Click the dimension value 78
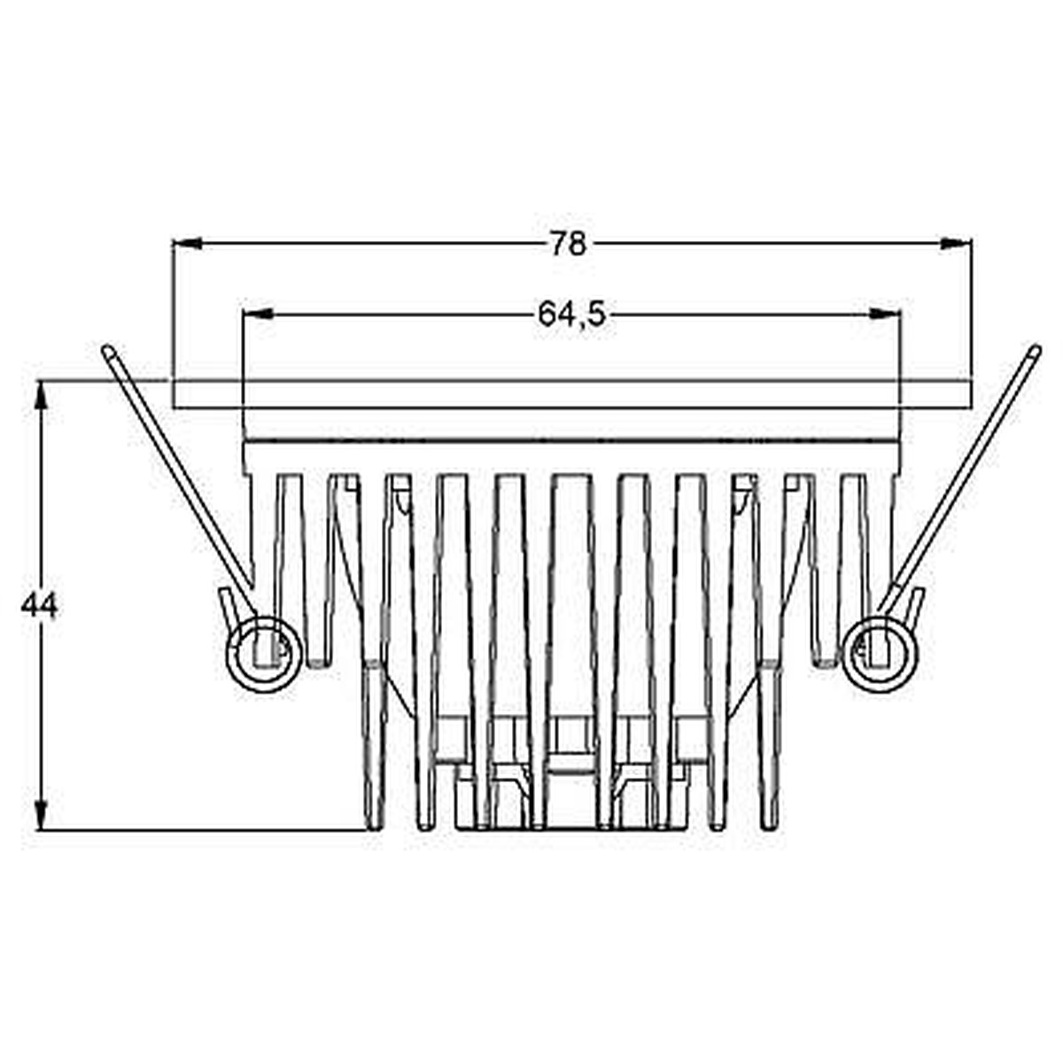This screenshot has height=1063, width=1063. [x=568, y=244]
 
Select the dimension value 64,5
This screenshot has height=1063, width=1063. [x=572, y=315]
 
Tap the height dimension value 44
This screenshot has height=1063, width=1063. [x=39, y=607]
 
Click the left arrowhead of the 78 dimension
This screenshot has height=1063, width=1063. [x=188, y=244]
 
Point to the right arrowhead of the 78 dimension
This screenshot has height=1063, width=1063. [x=956, y=244]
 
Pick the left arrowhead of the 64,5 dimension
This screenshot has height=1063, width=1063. [x=258, y=314]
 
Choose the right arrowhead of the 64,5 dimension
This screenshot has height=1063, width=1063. [x=885, y=314]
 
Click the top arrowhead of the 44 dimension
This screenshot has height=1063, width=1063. [x=40, y=395]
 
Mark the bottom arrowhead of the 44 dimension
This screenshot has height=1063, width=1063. [x=40, y=814]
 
